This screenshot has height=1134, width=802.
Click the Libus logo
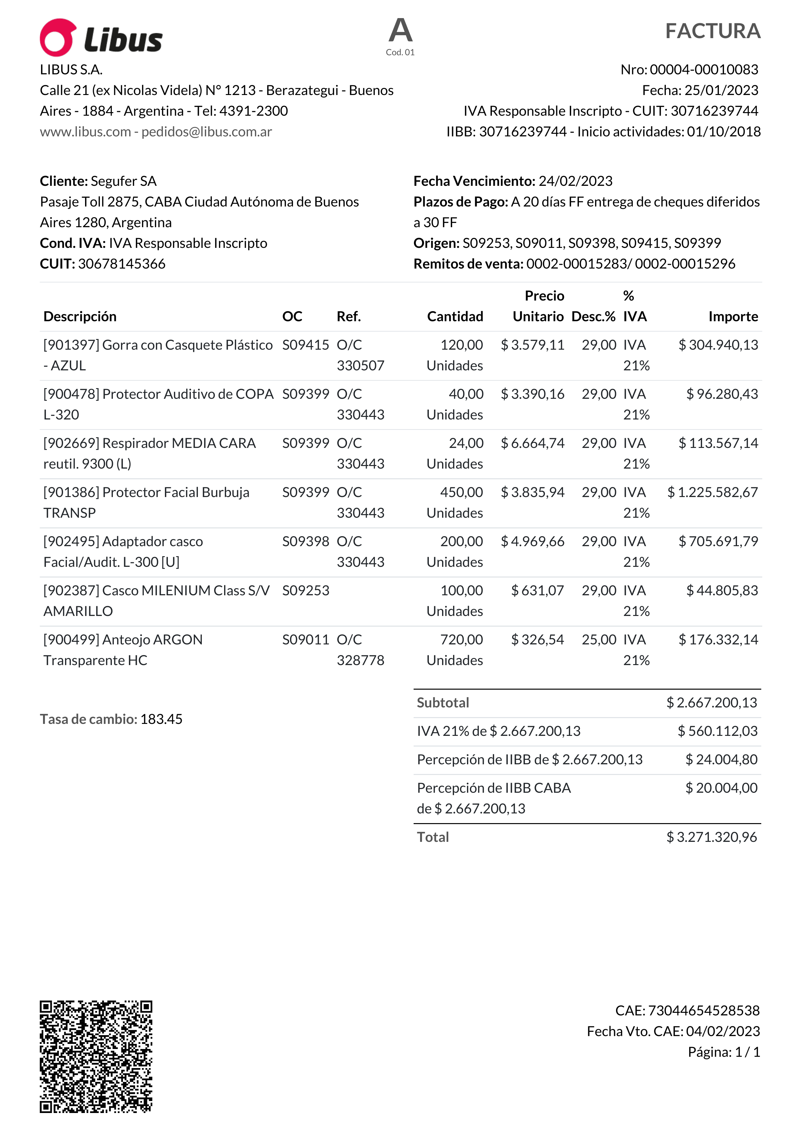coord(101,38)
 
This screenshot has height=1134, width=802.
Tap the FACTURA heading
coord(712,31)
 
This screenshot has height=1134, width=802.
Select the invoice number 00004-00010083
coord(704,69)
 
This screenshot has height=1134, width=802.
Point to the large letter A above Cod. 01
coord(400,31)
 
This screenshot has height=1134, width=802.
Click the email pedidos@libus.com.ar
coord(207,132)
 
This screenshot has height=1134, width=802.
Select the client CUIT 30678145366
coord(122,264)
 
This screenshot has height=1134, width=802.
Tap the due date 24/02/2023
coord(575,181)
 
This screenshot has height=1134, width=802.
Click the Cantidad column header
coord(455,317)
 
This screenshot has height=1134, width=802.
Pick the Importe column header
coord(733,317)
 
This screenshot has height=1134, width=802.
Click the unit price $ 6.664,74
coord(532,443)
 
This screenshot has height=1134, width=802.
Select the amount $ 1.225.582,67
coord(712,493)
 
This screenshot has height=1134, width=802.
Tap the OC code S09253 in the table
coord(305,591)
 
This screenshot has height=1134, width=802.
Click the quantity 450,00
coord(461,493)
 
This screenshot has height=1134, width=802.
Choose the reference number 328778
coord(360,660)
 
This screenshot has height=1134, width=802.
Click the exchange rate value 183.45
coord(161,719)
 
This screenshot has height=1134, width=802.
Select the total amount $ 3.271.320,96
coord(711,837)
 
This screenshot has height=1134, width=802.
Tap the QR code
coord(96,1056)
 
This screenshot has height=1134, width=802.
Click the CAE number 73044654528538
coord(704,1011)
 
